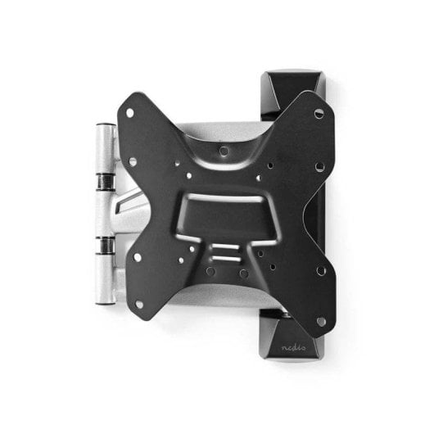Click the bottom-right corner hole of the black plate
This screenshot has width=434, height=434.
point(320,320)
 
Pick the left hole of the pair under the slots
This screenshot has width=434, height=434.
point(211,270)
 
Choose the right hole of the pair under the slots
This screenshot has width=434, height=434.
point(245,273)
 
